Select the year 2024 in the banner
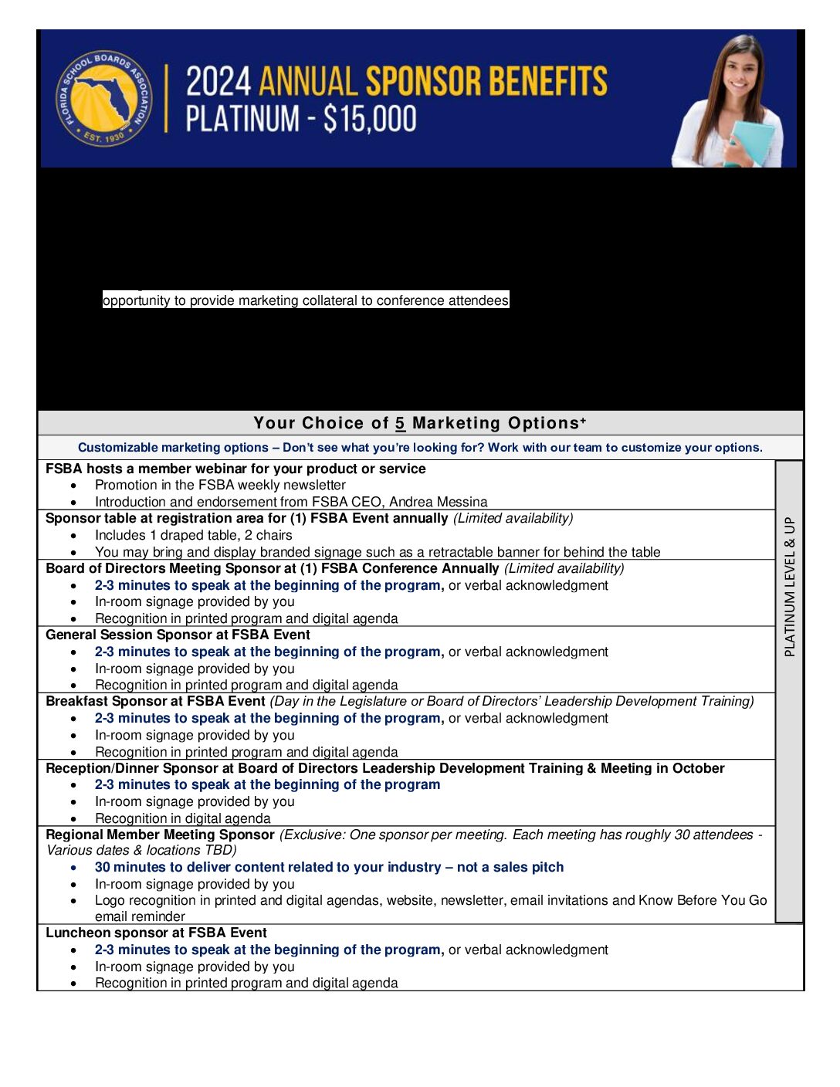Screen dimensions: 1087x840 [218, 81]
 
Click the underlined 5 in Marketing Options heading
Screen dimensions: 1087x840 [400, 423]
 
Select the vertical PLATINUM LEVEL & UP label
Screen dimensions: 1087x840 [789, 587]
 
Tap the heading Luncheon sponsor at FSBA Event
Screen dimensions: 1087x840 [156, 933]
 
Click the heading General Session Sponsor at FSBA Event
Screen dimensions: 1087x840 [178, 635]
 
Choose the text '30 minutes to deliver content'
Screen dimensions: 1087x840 [199, 867]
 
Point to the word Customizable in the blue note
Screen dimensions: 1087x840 [117, 448]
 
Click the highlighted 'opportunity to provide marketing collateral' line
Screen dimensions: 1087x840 [306, 300]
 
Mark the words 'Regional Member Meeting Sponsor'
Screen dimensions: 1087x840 [160, 835]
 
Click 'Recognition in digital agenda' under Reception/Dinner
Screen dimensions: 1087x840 [182, 818]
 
